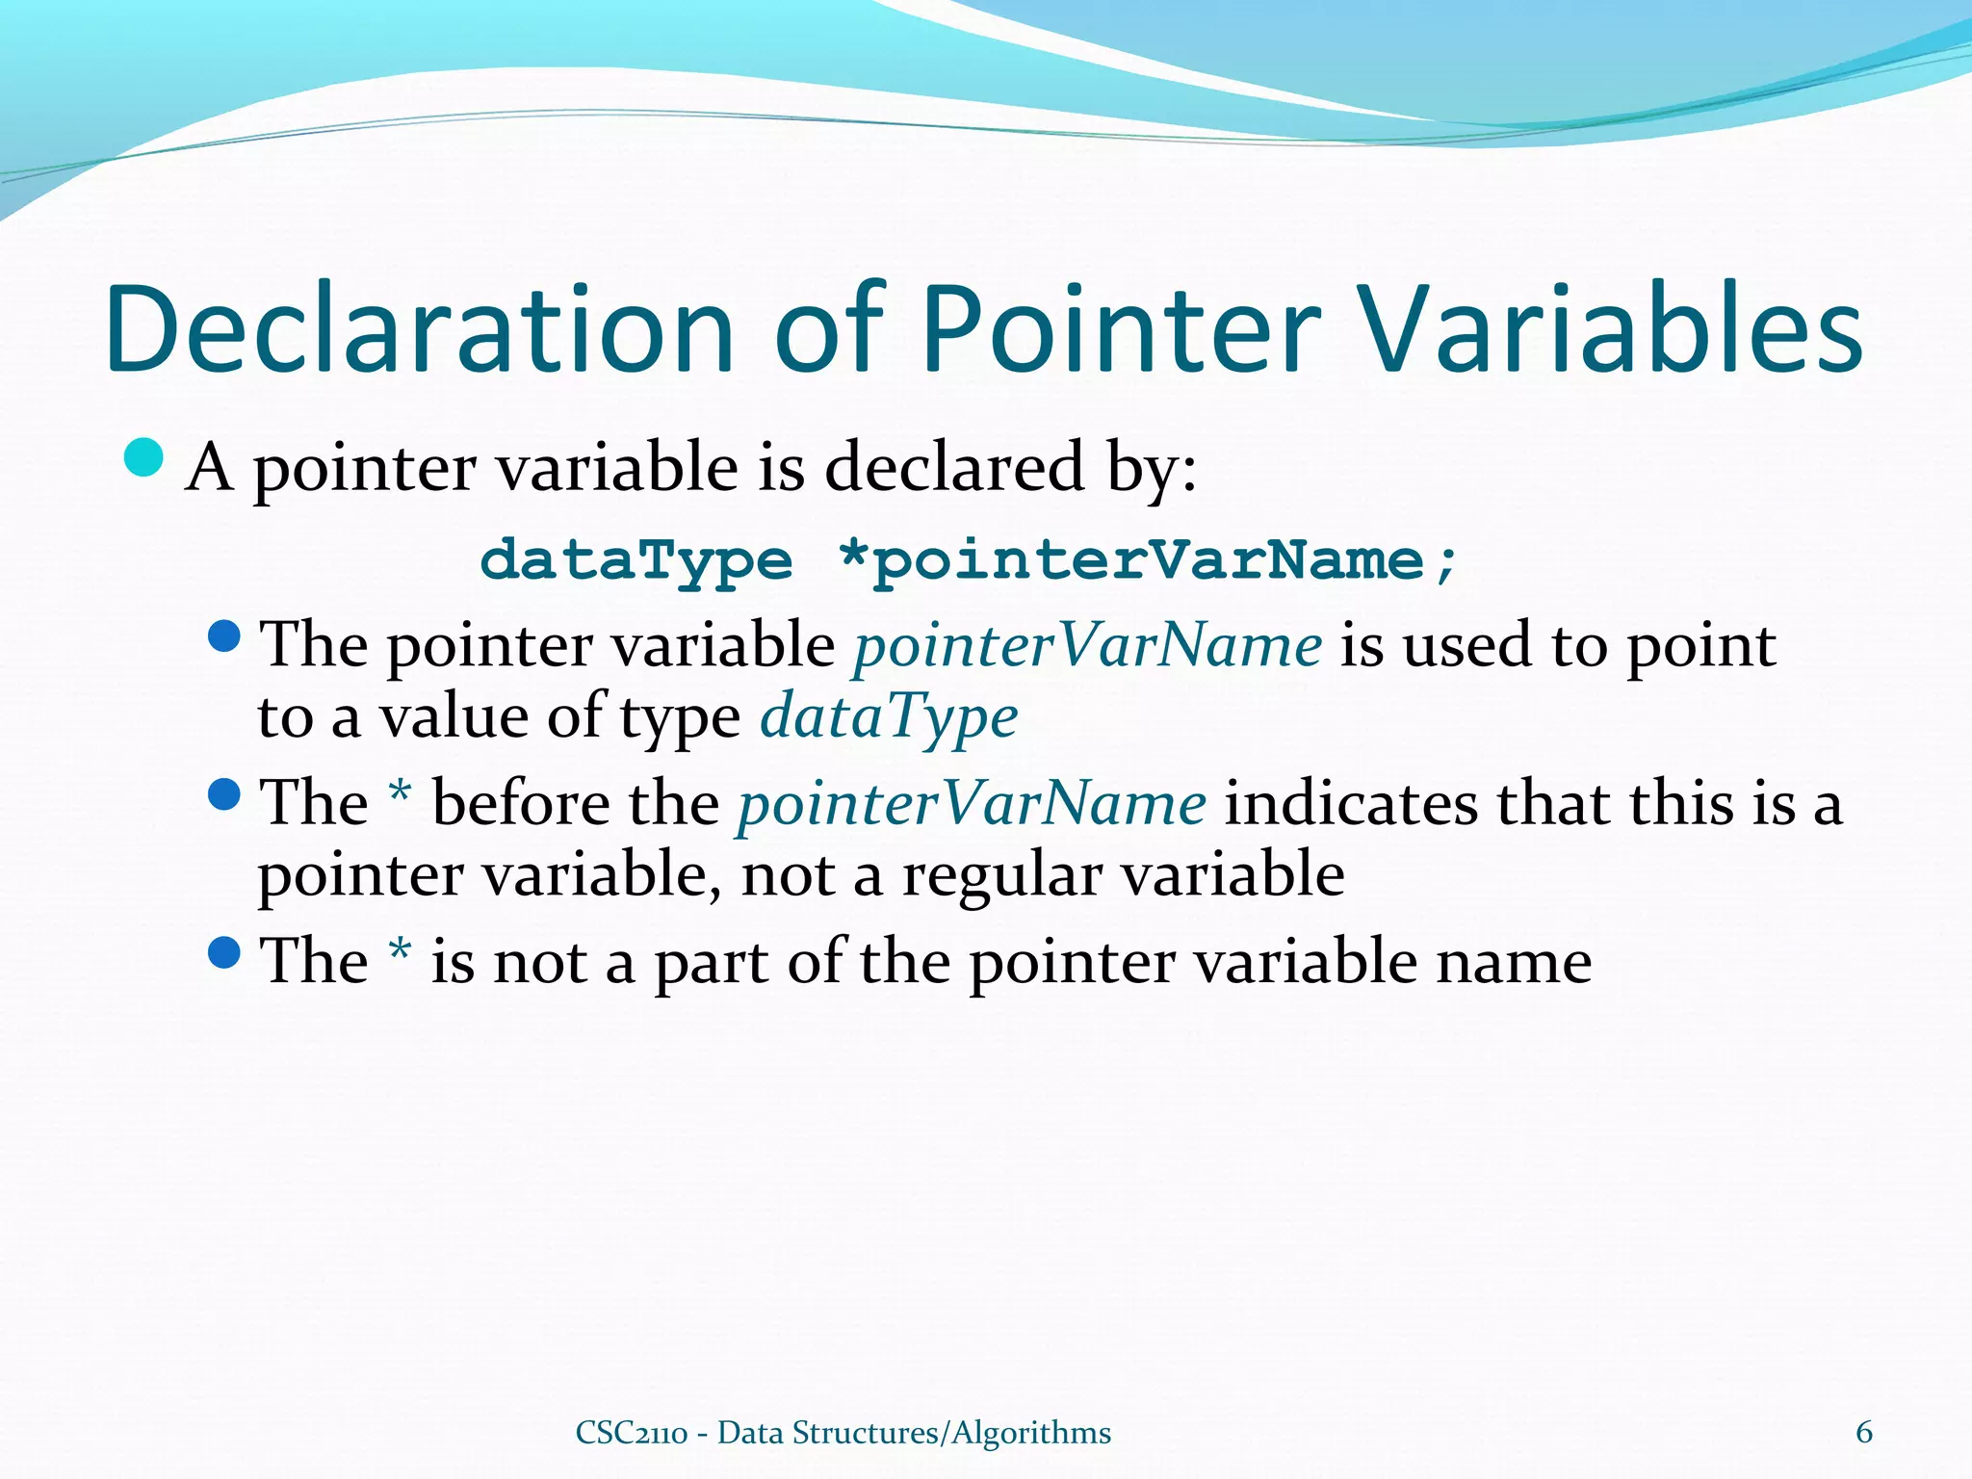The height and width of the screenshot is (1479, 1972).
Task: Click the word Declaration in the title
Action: (419, 329)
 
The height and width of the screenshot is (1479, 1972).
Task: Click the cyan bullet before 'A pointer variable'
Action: (144, 457)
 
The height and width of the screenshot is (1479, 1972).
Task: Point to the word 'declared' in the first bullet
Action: (954, 469)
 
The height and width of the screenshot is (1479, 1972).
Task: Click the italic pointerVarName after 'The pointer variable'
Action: (1088, 645)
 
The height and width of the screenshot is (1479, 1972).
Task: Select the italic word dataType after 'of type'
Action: (889, 717)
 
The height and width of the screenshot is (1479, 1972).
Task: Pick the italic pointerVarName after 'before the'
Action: (972, 804)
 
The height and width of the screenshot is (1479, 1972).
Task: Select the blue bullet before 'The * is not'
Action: (223, 953)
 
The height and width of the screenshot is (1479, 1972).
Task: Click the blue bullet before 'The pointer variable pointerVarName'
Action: (223, 636)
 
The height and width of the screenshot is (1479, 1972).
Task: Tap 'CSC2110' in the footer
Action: (631, 1433)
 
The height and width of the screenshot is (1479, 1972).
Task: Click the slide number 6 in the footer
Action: (1864, 1432)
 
